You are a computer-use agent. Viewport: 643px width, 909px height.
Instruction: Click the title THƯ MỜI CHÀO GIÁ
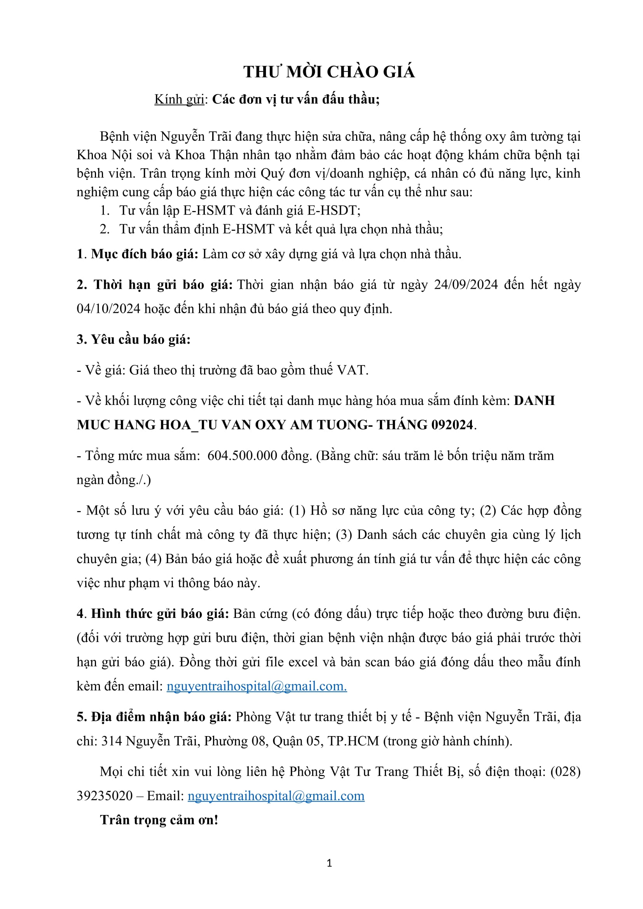[329, 72]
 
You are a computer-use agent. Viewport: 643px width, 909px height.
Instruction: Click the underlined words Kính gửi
[179, 99]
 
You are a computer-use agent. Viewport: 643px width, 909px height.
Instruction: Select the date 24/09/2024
[466, 284]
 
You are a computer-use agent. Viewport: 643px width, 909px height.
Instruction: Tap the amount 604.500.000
[242, 455]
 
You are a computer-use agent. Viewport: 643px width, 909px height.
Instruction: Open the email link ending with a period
[257, 686]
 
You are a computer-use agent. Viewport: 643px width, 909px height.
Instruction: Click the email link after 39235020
[276, 796]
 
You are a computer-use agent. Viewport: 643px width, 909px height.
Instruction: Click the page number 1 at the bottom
[329, 863]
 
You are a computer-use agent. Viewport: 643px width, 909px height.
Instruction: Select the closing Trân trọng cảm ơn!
[159, 820]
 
